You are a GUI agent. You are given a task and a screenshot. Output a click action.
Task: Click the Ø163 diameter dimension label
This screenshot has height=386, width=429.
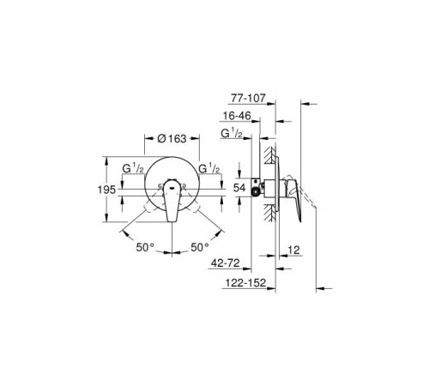pyautogui.click(x=172, y=139)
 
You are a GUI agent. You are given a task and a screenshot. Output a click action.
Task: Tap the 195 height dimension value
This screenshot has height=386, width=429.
pyautogui.click(x=106, y=190)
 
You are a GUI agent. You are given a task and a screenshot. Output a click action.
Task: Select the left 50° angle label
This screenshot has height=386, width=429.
pyautogui.click(x=145, y=247)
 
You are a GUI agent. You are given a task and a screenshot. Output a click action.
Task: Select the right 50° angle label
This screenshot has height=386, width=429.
pyautogui.click(x=200, y=247)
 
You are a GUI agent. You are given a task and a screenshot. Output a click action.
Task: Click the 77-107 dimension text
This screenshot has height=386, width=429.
pyautogui.click(x=248, y=98)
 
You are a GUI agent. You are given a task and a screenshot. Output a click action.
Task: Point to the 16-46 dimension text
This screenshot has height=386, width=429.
pyautogui.click(x=237, y=116)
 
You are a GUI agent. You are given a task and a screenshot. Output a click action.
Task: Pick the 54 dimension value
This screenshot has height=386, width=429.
pyautogui.click(x=239, y=188)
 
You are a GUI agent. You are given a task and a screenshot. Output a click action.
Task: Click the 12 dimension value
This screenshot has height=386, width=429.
pyautogui.click(x=293, y=250)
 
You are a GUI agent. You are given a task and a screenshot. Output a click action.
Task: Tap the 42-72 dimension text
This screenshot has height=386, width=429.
pyautogui.click(x=226, y=263)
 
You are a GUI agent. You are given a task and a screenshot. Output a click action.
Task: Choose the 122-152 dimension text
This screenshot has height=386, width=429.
pyautogui.click(x=246, y=283)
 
